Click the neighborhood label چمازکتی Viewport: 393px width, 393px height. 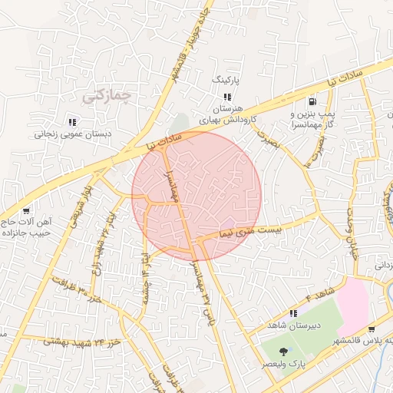pos(105,97)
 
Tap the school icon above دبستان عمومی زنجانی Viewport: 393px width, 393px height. pos(72,121)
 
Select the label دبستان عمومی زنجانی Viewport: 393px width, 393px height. pos(72,133)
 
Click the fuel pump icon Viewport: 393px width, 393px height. pos(312,101)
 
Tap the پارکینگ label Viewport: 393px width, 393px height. pos(226,79)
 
